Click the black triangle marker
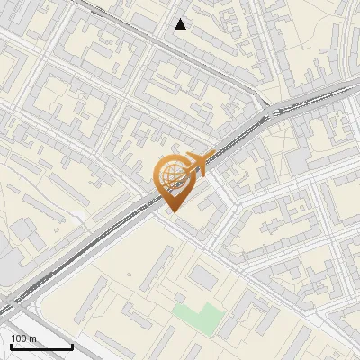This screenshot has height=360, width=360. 181,24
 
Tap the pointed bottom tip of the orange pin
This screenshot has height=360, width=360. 174,211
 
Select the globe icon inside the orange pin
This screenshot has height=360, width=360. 174,175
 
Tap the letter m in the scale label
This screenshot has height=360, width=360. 34,337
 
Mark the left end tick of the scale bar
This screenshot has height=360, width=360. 11,346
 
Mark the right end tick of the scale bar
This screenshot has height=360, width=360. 72,346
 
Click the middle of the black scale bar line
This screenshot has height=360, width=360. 41,347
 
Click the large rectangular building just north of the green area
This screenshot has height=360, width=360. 204,279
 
